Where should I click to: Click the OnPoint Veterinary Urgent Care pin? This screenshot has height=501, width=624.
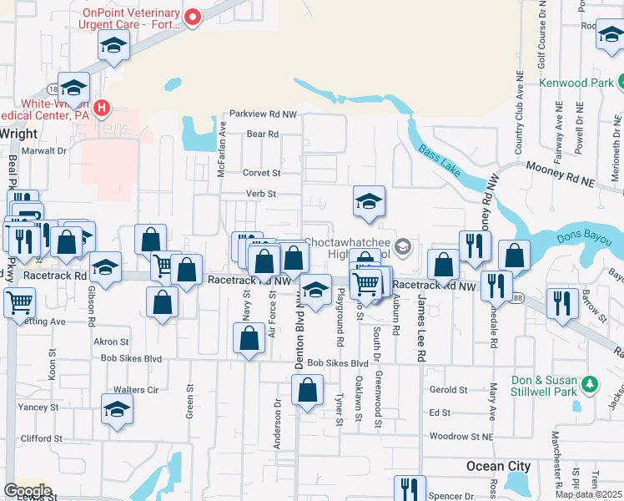[194, 17]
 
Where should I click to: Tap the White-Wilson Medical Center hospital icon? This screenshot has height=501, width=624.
[103, 108]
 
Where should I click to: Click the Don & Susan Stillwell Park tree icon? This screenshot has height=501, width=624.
[590, 384]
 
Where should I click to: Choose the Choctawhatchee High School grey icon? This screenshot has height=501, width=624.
[403, 245]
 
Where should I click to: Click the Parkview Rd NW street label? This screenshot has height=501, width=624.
[263, 114]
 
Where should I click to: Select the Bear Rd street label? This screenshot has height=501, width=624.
[261, 134]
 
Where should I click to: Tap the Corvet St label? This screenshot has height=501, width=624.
[261, 173]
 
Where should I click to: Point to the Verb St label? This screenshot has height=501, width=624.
[260, 194]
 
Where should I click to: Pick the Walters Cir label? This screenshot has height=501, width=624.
[135, 390]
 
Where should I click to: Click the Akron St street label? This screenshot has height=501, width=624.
[111, 342]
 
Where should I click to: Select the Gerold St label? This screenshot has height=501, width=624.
[448, 390]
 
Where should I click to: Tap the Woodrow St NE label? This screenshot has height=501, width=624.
[460, 436]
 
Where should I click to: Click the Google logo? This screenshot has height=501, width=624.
[28, 491]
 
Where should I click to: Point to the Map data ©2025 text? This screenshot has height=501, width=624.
[587, 494]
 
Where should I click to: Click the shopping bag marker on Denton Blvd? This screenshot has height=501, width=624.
[308, 391]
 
